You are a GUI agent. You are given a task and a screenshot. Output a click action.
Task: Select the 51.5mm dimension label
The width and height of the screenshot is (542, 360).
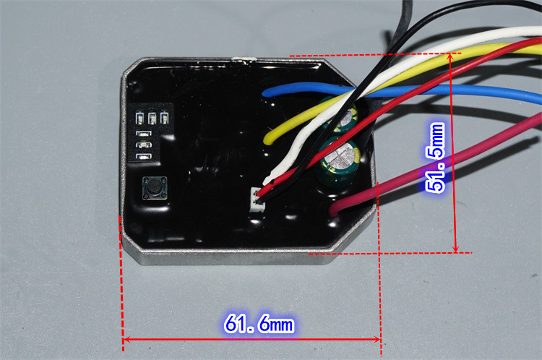pos(436,157)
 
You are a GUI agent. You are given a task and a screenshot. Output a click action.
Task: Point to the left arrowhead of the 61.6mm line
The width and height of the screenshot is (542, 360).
pos(126,339)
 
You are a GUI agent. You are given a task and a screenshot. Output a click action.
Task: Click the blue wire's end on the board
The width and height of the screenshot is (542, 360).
pos(267,93)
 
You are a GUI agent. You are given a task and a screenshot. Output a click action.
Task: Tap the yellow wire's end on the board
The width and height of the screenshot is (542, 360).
pos(268,137)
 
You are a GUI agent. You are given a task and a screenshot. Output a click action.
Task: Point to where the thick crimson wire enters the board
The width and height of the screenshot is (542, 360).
pos(333,211)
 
